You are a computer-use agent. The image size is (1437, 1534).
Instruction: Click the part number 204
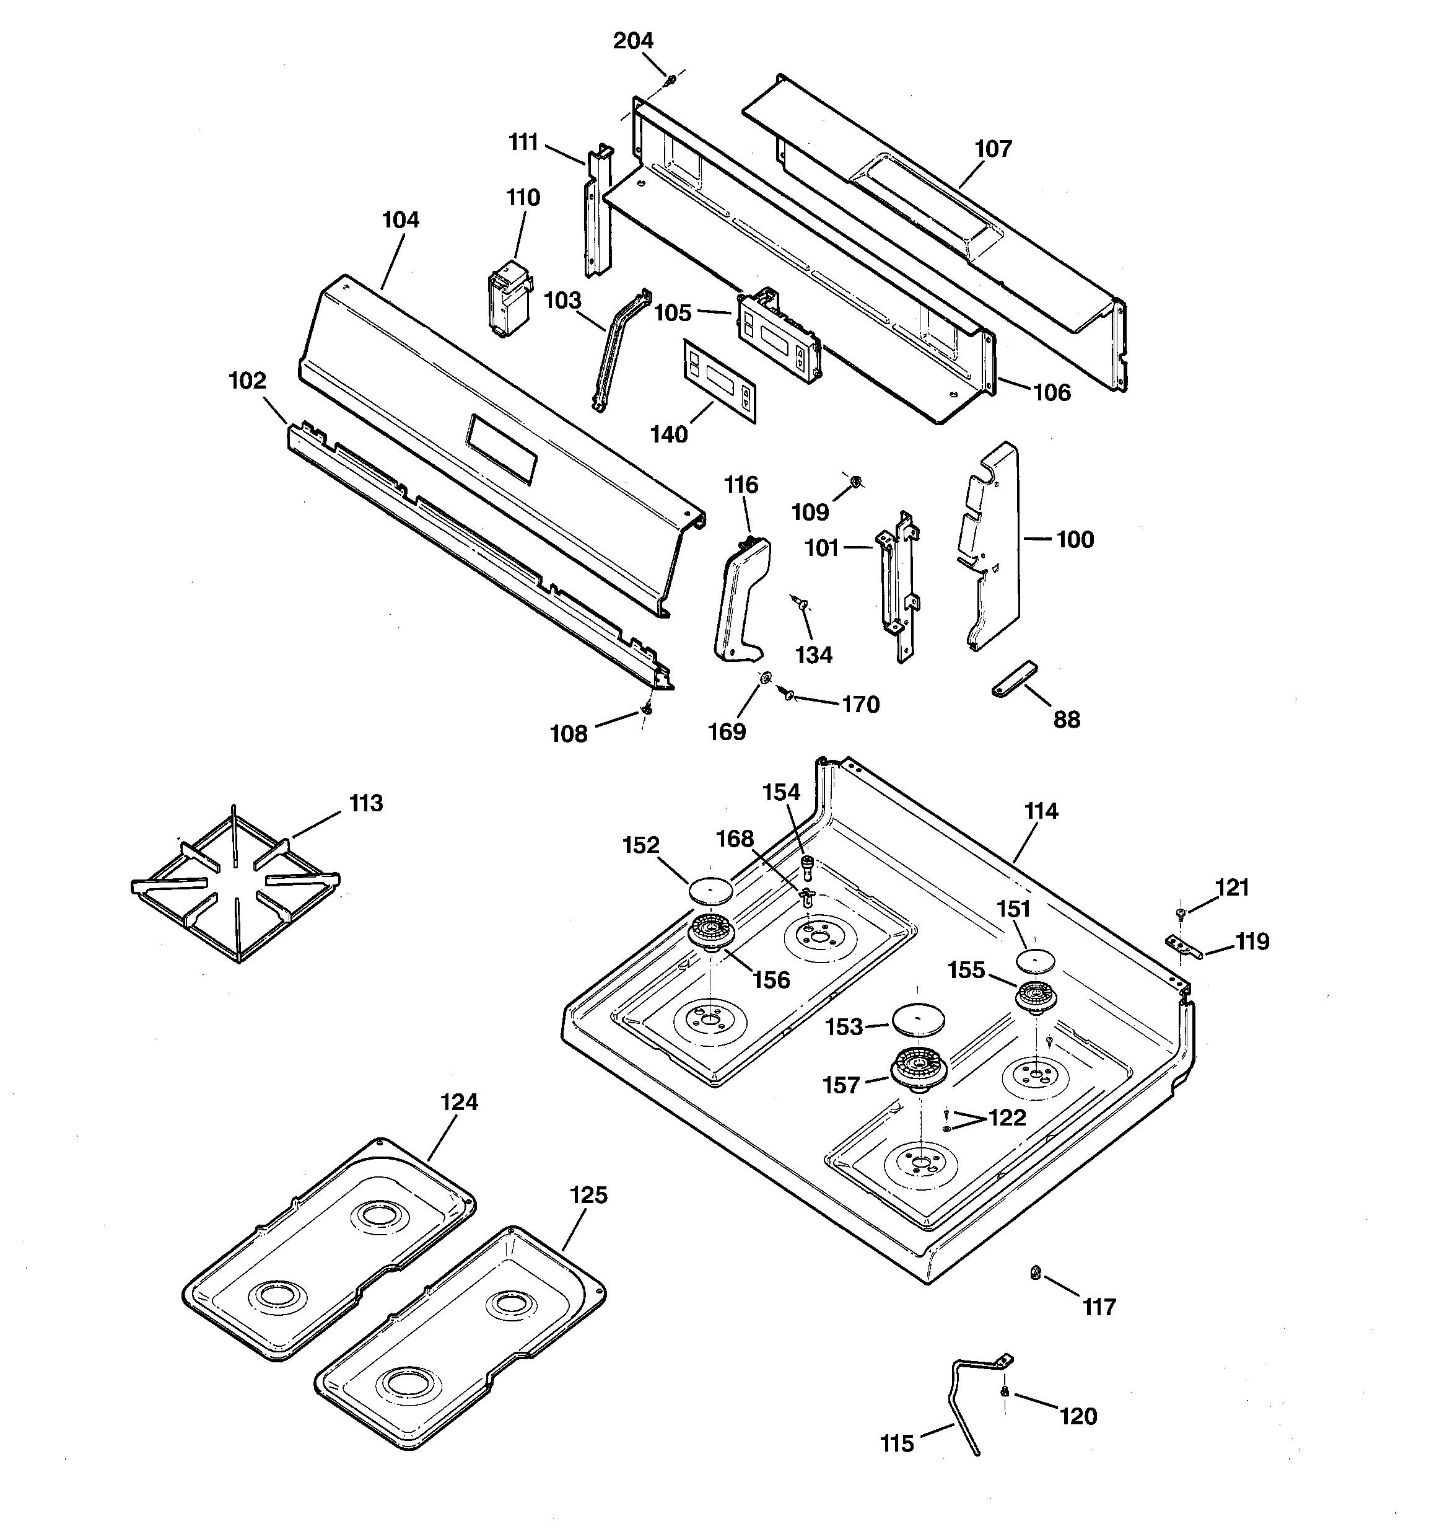(633, 40)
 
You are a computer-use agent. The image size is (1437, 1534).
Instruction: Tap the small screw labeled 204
(671, 79)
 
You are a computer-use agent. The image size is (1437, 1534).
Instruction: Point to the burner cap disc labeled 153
(917, 1020)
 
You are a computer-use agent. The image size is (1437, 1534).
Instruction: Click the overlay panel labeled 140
(719, 381)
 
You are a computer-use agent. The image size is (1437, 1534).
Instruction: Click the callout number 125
(588, 1195)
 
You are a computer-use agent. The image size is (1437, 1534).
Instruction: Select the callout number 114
(1041, 811)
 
